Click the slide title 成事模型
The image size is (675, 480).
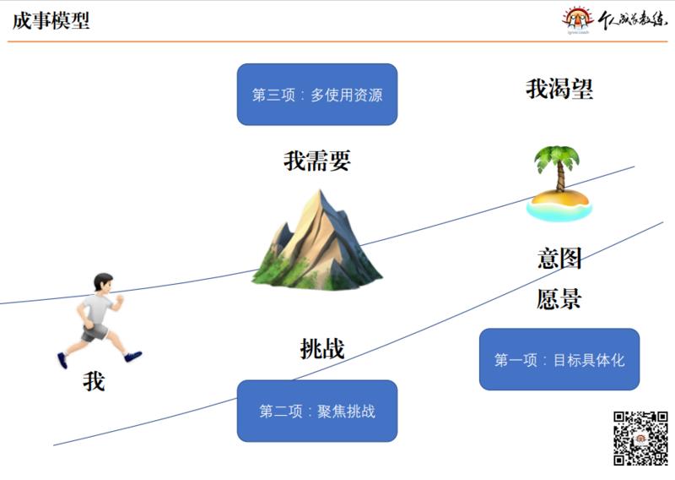(x=51, y=20)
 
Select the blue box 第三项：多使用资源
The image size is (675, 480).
(x=317, y=95)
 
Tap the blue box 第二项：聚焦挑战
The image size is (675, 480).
(x=317, y=411)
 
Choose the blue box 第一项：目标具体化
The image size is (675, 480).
(x=559, y=359)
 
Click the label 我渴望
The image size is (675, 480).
(x=559, y=89)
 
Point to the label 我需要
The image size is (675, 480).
(x=316, y=161)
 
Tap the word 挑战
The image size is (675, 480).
(x=322, y=348)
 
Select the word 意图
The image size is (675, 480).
(x=559, y=258)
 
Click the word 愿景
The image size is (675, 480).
(x=559, y=298)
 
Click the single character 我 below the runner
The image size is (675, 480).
(x=94, y=381)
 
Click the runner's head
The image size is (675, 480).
(x=104, y=283)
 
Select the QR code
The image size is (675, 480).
(x=640, y=438)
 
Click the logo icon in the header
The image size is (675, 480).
(x=578, y=19)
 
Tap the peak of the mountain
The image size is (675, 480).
(x=316, y=194)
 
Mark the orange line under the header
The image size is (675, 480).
(x=337, y=41)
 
